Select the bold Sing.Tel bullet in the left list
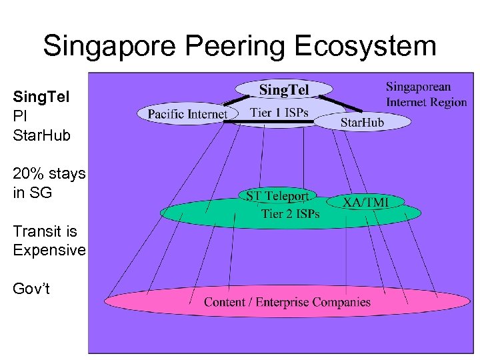tap(41, 97)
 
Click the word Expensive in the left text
tap(49, 250)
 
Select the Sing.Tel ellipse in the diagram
tap(284, 89)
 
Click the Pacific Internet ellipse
tap(187, 114)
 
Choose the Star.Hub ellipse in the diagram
tap(362, 122)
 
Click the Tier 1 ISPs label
tap(279, 112)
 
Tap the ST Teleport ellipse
tap(277, 196)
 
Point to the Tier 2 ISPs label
tap(290, 213)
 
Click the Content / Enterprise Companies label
tap(287, 302)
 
